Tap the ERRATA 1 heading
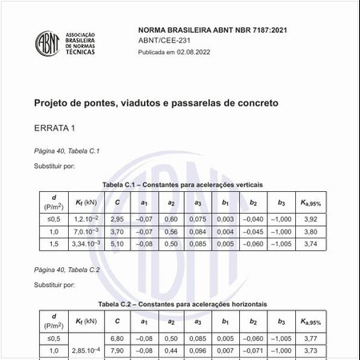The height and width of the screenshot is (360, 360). [54, 128]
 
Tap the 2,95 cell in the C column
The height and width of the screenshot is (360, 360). [117, 218]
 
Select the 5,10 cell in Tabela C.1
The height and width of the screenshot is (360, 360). [117, 243]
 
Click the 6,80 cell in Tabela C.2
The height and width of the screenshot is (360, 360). [117, 338]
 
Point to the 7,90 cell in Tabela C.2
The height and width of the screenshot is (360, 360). [117, 350]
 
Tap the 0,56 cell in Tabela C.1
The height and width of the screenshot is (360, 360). [170, 231]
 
